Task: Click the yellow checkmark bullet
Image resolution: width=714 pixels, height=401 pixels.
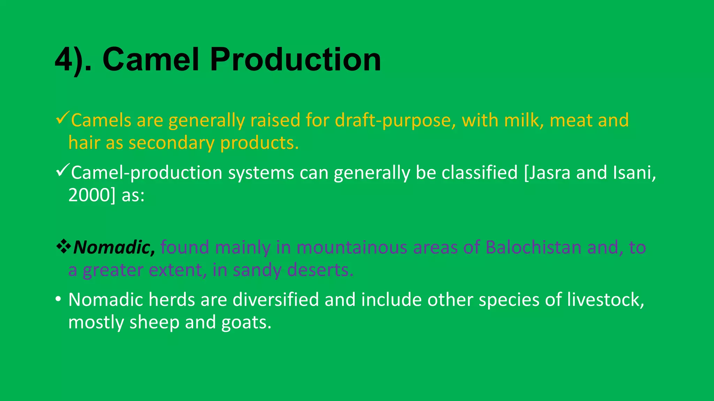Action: pos(63,119)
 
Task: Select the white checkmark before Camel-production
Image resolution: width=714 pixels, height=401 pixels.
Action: pos(63,171)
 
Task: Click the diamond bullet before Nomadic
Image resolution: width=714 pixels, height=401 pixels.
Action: pos(63,247)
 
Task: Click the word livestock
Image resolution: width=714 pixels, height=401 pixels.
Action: pos(605,300)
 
